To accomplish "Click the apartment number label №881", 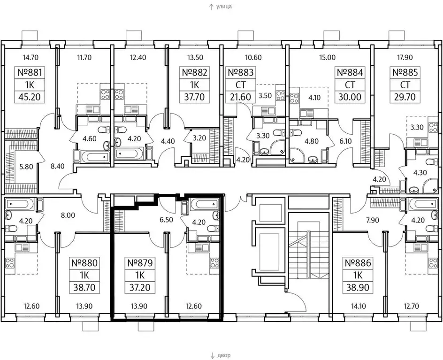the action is click(30, 72).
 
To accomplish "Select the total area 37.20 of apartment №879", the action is click(140, 287).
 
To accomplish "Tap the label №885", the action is click(405, 72).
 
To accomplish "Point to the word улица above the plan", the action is click(224, 6).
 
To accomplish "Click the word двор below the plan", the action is click(224, 355).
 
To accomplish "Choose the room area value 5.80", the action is click(26, 167).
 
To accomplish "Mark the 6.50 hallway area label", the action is click(166, 220).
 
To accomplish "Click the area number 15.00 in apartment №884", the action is click(328, 57).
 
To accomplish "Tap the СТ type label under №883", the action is click(241, 85).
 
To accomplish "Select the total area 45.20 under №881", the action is click(30, 97).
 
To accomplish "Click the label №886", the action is click(358, 263).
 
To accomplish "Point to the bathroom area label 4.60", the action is click(90, 138).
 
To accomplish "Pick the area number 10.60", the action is click(253, 57).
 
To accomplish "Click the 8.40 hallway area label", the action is click(57, 166).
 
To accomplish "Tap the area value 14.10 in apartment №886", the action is click(359, 306).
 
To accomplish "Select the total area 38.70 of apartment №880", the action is click(84, 287).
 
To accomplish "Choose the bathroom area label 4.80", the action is click(312, 140).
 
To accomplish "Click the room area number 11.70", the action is click(84, 57).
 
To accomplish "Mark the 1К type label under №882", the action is click(194, 85).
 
